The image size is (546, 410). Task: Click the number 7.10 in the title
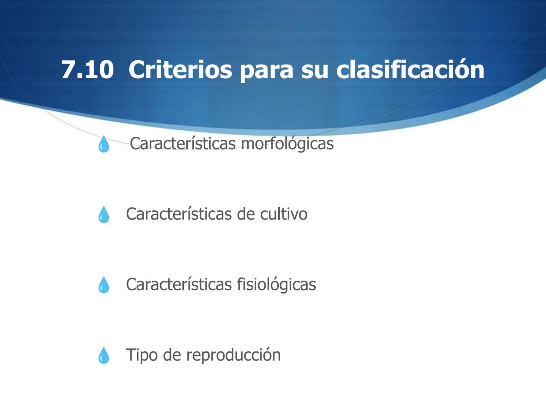pyautogui.click(x=87, y=70)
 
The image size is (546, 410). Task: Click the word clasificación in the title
pyautogui.click(x=410, y=70)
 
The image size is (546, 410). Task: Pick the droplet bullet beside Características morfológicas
pyautogui.click(x=103, y=145)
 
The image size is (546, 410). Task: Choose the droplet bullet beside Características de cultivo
pyautogui.click(x=104, y=215)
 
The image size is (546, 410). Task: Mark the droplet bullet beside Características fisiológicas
pyautogui.click(x=104, y=285)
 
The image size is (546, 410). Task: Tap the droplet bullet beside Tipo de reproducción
pyautogui.click(x=104, y=356)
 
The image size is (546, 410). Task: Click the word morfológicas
pyautogui.click(x=287, y=144)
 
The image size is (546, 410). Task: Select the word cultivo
pyautogui.click(x=284, y=214)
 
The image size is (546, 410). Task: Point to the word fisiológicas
pyautogui.click(x=276, y=284)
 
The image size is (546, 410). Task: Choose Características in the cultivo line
pyautogui.click(x=179, y=214)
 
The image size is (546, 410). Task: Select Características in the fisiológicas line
pyautogui.click(x=179, y=284)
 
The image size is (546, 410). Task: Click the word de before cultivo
pyautogui.click(x=246, y=214)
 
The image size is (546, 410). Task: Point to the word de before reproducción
pyautogui.click(x=171, y=355)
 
